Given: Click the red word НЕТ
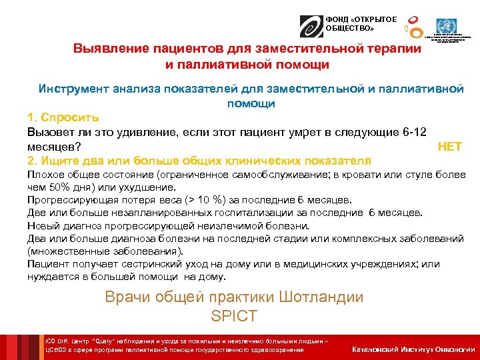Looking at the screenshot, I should click(450, 147).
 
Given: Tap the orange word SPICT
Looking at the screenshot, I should click(233, 316).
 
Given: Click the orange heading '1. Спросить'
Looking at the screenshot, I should click(63, 117).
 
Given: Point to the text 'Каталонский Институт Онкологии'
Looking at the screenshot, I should click(413, 349).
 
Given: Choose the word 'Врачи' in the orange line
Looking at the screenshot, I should click(127, 297).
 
